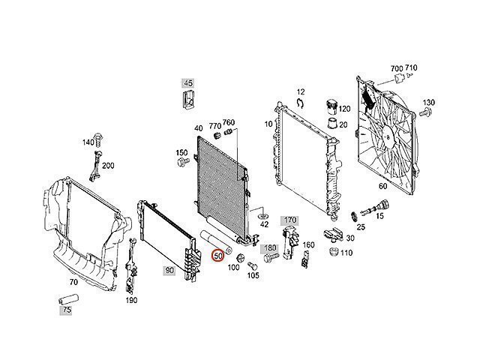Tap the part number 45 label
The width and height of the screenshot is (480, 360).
coord(187,82)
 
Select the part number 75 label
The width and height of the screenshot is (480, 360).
coord(67,310)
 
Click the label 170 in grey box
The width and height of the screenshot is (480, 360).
coord(290,220)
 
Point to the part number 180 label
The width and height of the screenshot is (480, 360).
coord(270,247)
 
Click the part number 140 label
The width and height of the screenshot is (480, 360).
coord(88,142)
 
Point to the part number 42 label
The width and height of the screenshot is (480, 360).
coord(263,223)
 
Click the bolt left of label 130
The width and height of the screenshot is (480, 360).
coord(425,112)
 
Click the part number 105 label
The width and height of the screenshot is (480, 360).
coord(253,276)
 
